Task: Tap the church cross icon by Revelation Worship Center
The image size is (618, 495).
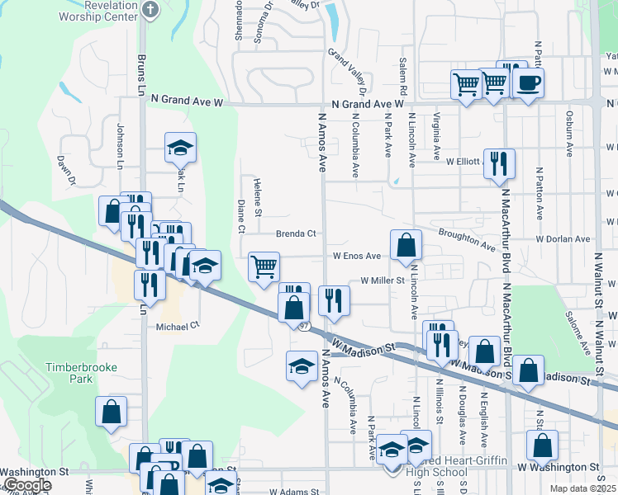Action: click(x=149, y=9)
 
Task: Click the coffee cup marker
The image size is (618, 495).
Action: click(x=528, y=82)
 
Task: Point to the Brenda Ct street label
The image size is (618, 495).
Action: click(x=296, y=233)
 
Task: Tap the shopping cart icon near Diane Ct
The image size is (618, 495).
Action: click(x=264, y=266)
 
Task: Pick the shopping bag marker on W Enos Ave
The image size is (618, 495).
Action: click(x=406, y=245)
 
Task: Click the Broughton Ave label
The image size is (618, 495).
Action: click(x=467, y=240)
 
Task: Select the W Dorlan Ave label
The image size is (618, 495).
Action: click(x=563, y=239)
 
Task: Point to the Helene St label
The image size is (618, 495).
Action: click(x=259, y=198)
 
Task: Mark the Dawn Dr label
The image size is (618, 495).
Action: click(x=66, y=170)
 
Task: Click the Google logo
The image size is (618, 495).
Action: click(x=26, y=485)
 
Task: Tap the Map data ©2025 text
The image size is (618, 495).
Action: click(x=582, y=489)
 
